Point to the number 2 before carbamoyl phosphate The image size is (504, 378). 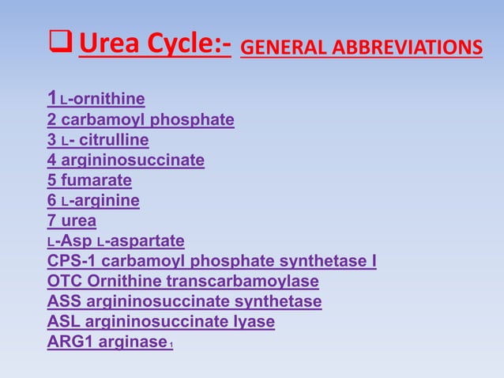pos(52,120)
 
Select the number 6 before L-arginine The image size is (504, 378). pos(52,201)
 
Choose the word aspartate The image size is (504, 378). pos(149,240)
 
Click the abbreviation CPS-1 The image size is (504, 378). pos(70,261)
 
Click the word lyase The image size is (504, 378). pos(254,322)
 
